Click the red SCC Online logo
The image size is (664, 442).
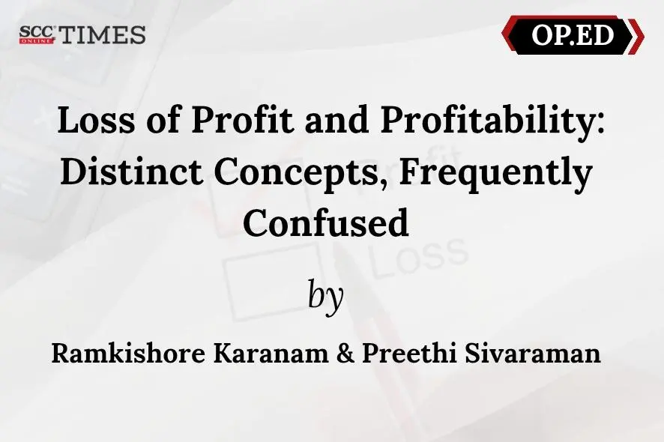pyautogui.click(x=37, y=34)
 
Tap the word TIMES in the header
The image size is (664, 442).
pyautogui.click(x=103, y=34)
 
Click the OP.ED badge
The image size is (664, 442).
pyautogui.click(x=573, y=34)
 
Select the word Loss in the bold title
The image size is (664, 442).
pyautogui.click(x=96, y=120)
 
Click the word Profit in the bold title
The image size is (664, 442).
pyautogui.click(x=243, y=120)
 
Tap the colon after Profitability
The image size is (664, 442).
pyautogui.click(x=600, y=124)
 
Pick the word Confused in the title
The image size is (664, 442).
pyautogui.click(x=326, y=222)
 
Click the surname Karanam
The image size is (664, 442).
pyautogui.click(x=271, y=353)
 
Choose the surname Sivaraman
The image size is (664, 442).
pyautogui.click(x=533, y=353)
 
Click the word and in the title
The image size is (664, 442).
pyautogui.click(x=337, y=120)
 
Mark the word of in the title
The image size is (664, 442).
pyautogui.click(x=163, y=120)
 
